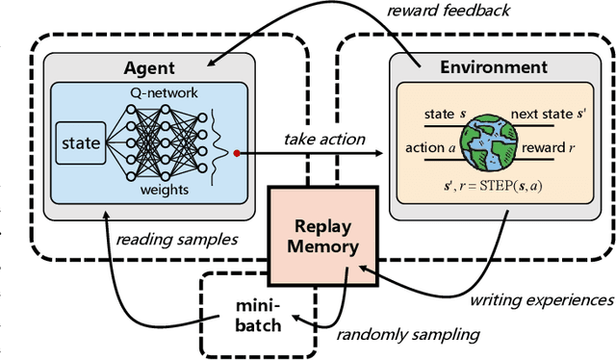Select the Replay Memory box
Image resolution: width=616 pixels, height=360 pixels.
(317, 235)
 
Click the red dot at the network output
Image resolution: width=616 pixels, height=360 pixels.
(235, 152)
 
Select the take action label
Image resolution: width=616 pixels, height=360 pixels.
(324, 139)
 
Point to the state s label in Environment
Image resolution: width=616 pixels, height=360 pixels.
(445, 114)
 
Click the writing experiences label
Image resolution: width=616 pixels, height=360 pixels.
(541, 300)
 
